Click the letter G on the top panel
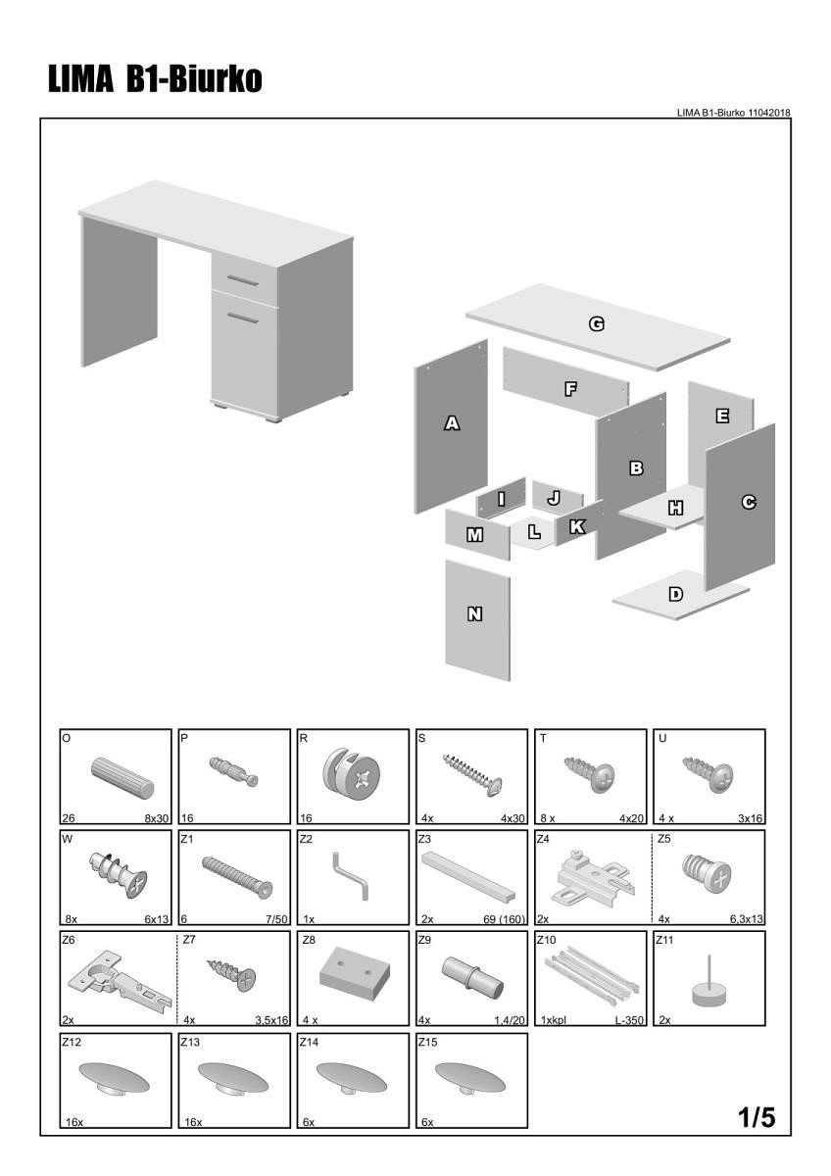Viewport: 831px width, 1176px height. (x=595, y=324)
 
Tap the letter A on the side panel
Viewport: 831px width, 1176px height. (x=452, y=423)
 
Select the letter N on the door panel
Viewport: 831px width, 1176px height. (x=475, y=614)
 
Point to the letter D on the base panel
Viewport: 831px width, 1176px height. (x=675, y=594)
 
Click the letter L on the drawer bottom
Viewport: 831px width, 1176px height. (x=534, y=533)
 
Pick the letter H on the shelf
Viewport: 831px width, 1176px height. (x=675, y=508)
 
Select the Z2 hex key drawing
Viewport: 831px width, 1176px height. (x=351, y=874)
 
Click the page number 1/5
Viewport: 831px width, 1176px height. (x=757, y=1116)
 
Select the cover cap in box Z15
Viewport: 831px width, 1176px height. (x=470, y=1078)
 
